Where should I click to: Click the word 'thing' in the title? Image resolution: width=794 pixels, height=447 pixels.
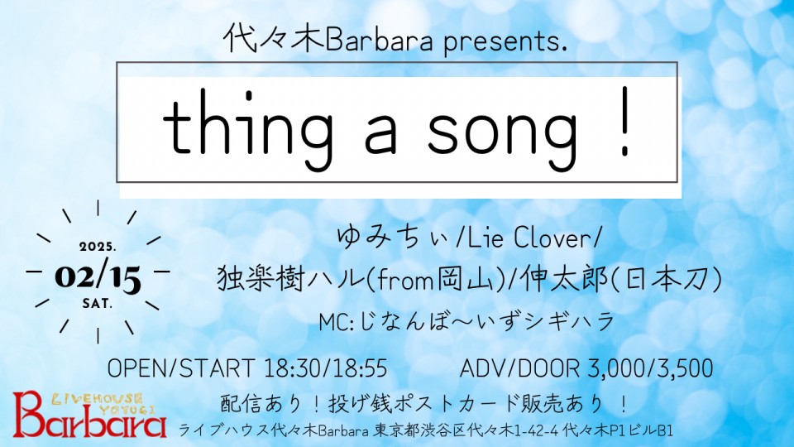point(246,129)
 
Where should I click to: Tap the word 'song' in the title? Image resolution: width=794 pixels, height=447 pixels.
point(502,133)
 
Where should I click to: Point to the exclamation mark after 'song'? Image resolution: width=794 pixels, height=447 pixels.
point(626,122)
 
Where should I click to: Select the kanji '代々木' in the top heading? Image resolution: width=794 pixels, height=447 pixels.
point(274,40)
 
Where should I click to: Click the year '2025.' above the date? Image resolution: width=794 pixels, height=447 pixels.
point(98,248)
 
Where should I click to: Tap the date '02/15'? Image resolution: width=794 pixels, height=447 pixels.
point(98,276)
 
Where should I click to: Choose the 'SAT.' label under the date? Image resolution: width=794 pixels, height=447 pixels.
point(98,304)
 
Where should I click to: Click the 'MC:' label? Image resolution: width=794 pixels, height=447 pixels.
point(337,322)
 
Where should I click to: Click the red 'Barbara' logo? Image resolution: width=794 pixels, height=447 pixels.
point(89,416)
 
